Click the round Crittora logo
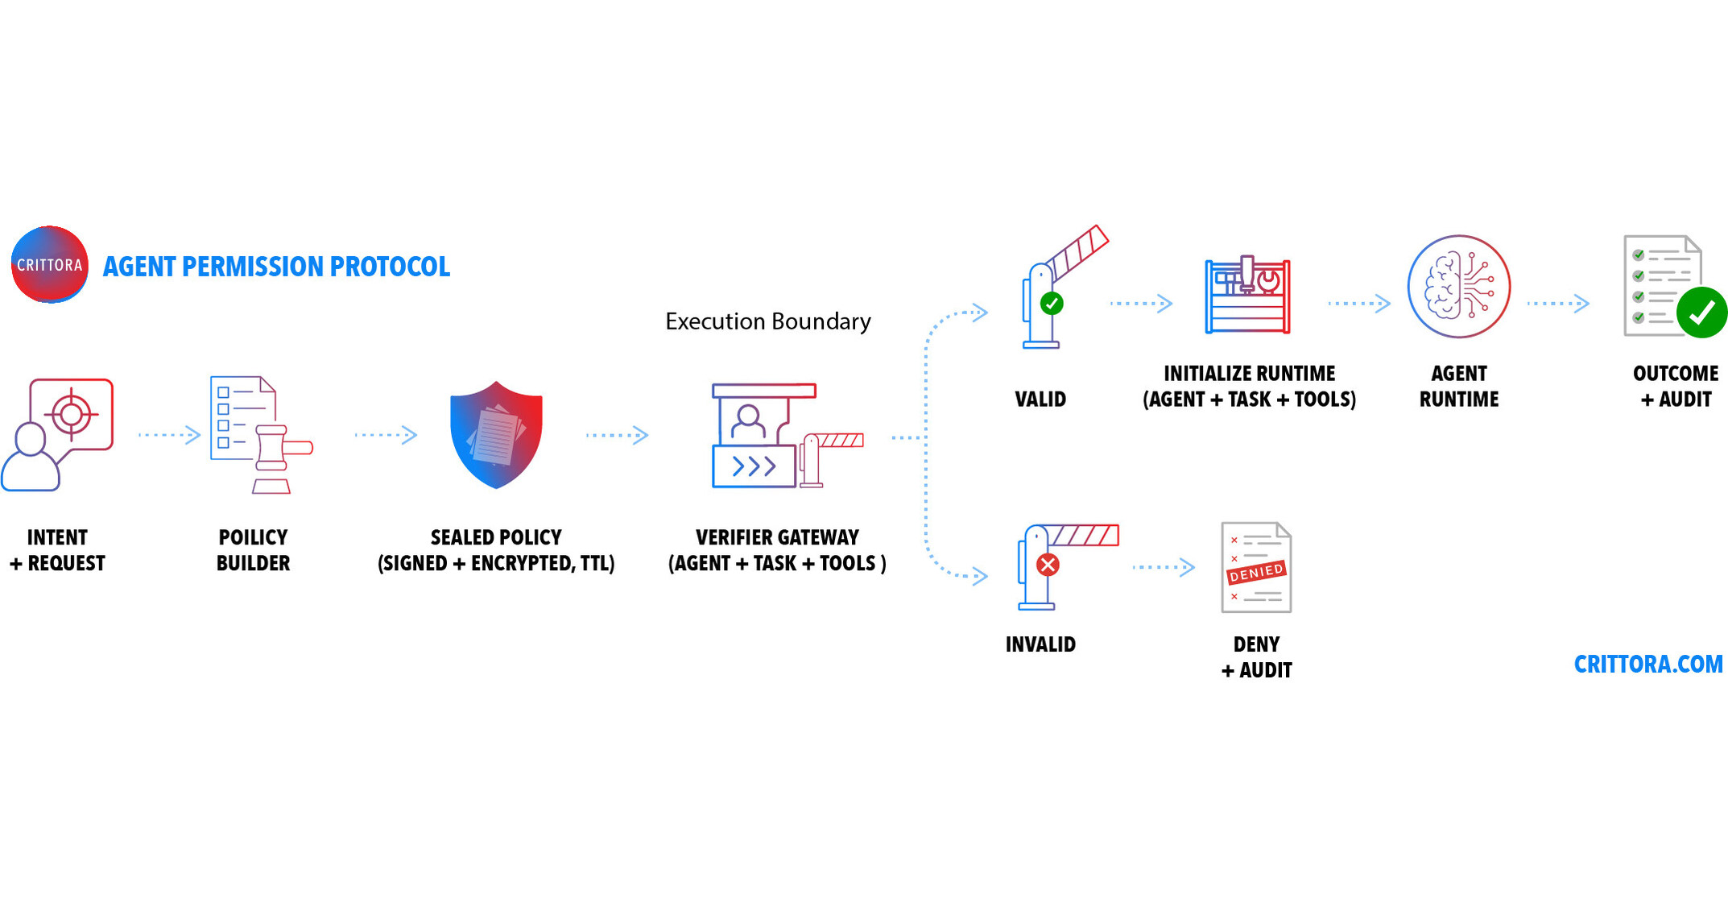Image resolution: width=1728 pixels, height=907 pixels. coord(49,265)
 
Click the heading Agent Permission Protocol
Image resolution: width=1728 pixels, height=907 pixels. coord(276,267)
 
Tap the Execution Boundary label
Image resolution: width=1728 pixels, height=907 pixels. coord(767,321)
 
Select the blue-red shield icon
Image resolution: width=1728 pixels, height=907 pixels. coord(496,435)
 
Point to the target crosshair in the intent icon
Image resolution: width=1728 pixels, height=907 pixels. coord(72,414)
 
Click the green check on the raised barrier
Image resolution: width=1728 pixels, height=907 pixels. coord(1052,304)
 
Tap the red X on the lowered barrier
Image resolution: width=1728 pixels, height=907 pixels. coord(1048,565)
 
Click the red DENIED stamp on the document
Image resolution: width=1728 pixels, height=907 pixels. coord(1255,572)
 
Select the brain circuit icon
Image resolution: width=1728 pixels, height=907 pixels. coord(1458,287)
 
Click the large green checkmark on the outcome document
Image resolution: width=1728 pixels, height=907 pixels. coord(1701,313)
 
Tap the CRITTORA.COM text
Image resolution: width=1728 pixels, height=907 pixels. coord(1647,665)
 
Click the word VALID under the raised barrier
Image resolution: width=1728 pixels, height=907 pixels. coord(1040,400)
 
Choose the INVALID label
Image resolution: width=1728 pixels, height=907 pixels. coord(1040,644)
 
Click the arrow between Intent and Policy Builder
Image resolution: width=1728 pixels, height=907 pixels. coord(169,435)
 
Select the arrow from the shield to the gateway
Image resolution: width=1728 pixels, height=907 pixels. coord(617,435)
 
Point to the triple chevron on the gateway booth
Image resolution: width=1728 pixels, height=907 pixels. coord(754,466)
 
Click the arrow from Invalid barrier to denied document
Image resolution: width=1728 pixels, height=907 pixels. coord(1164,567)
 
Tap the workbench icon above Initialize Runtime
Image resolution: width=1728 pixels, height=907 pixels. coord(1247,296)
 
